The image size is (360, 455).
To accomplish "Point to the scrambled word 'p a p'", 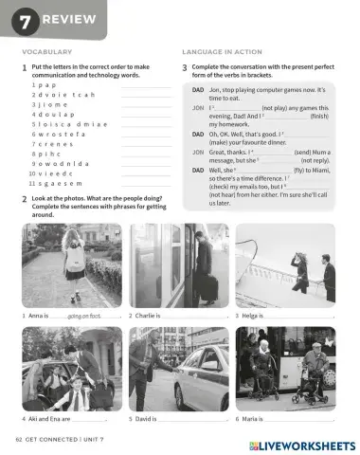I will (41, 85).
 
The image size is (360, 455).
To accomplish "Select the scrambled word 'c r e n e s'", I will (48, 142).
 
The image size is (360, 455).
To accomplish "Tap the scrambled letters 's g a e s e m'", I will (52, 184).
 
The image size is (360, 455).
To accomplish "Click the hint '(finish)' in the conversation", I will (320, 116).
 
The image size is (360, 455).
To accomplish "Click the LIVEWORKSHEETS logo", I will (302, 445).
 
